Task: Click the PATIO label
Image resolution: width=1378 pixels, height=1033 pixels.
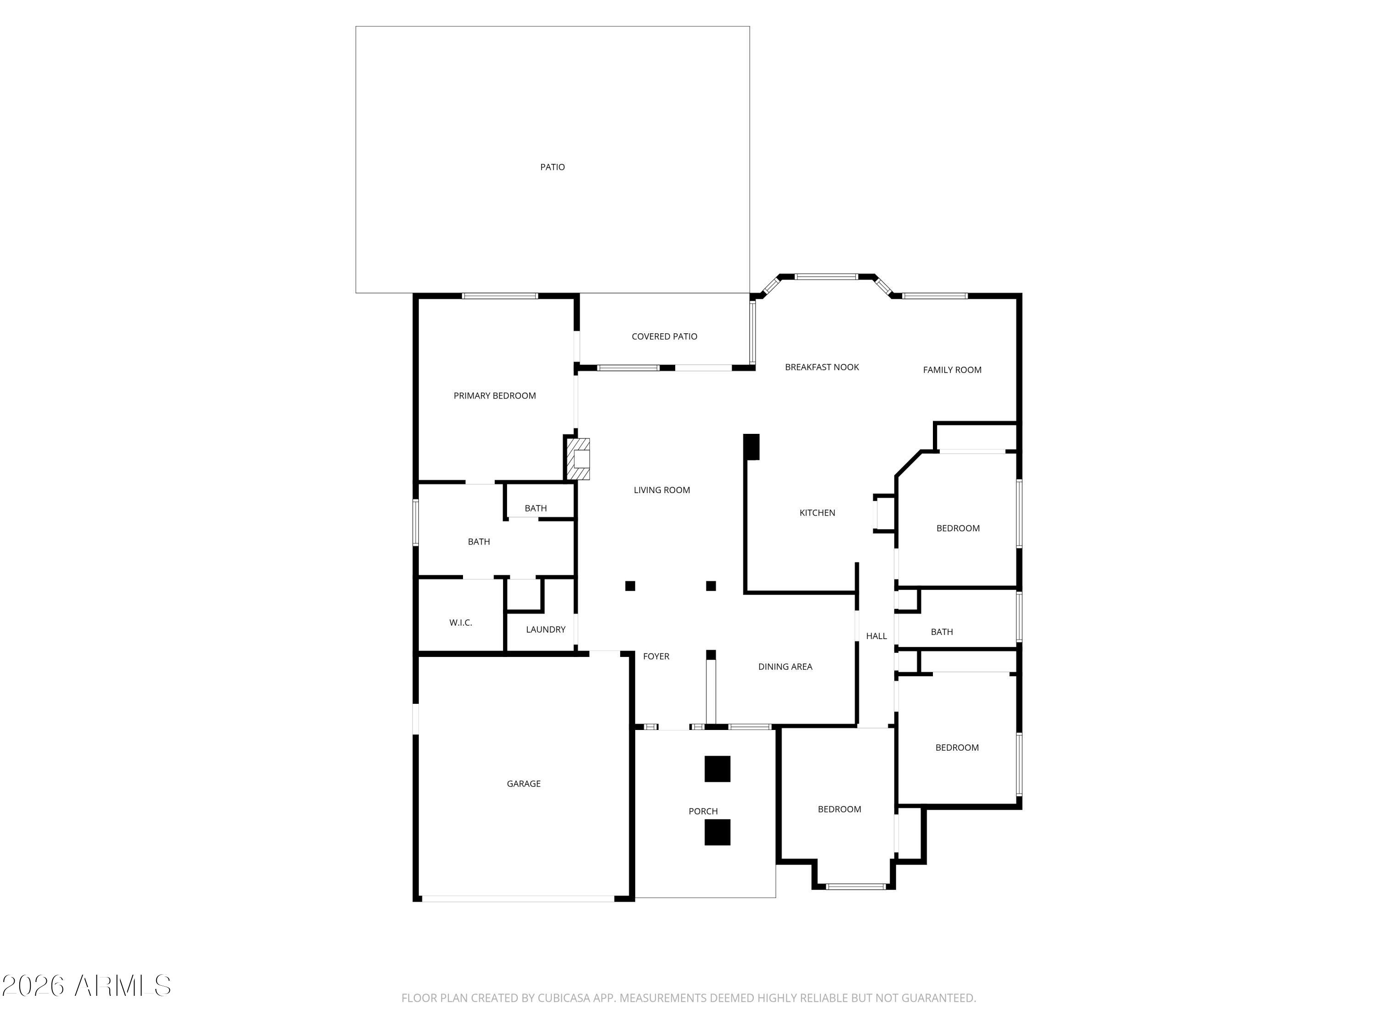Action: (x=552, y=167)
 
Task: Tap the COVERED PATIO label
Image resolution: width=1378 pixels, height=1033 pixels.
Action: (x=664, y=336)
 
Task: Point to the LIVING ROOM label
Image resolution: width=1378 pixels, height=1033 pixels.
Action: (x=661, y=490)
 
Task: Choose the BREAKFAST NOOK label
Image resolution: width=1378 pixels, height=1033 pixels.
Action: (x=821, y=367)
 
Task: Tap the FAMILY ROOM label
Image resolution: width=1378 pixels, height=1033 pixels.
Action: (x=951, y=370)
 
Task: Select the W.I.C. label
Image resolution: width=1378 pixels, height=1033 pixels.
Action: (x=460, y=623)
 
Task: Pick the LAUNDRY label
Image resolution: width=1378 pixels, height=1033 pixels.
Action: (x=545, y=629)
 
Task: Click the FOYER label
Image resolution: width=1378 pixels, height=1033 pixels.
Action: (x=655, y=656)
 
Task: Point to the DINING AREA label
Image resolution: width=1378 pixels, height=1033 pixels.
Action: (x=785, y=667)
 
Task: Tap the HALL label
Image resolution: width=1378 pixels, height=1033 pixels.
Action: (x=876, y=636)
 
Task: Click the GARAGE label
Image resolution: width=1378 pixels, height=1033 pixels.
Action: (x=523, y=784)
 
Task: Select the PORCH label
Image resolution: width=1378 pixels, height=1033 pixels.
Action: (x=703, y=811)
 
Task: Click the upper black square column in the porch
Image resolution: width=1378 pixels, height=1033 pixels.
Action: (x=717, y=769)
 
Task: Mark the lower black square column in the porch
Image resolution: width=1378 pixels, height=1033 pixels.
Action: (x=717, y=832)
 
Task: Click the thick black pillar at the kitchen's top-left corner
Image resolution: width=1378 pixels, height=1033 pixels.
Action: (x=751, y=446)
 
